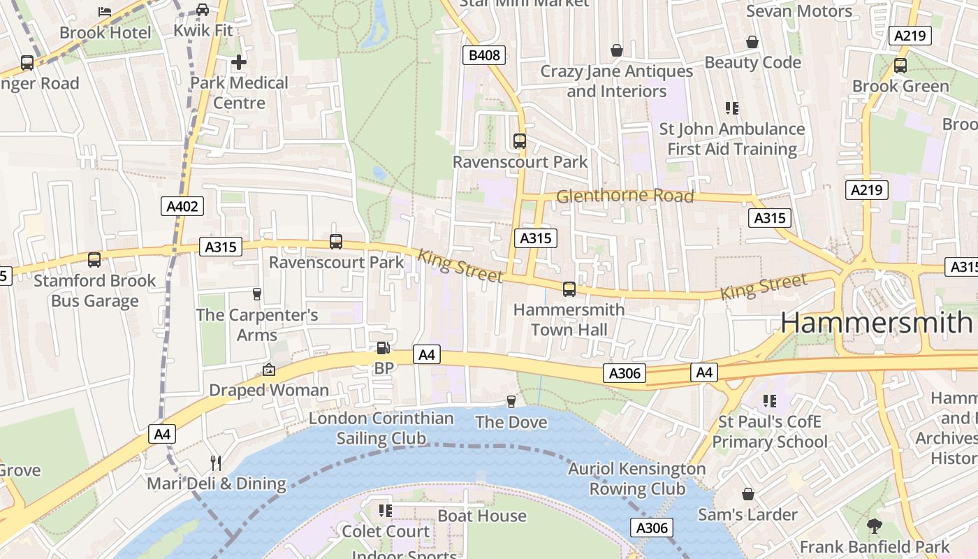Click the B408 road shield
pyautogui.click(x=484, y=55)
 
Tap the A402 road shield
pyautogui.click(x=183, y=206)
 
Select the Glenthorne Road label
pyautogui.click(x=625, y=196)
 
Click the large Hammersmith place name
pyautogui.click(x=876, y=322)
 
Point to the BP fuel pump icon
pyautogui.click(x=383, y=347)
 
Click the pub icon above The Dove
pyautogui.click(x=511, y=401)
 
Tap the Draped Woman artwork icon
pyautogui.click(x=268, y=370)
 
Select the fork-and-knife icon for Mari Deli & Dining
pyautogui.click(x=216, y=463)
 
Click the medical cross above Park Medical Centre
pyautogui.click(x=239, y=62)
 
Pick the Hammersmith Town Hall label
pyautogui.click(x=569, y=319)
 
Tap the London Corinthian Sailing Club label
pyautogui.click(x=381, y=428)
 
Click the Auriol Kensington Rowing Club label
pyautogui.click(x=636, y=479)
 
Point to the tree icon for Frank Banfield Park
pyautogui.click(x=874, y=526)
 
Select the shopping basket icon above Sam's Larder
pyautogui.click(x=747, y=494)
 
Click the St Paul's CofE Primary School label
pyautogui.click(x=769, y=432)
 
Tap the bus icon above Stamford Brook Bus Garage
pyautogui.click(x=94, y=260)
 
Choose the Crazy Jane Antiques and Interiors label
pyautogui.click(x=617, y=81)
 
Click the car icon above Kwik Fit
pyautogui.click(x=203, y=10)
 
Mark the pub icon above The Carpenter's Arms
pyautogui.click(x=256, y=293)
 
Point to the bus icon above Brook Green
pyautogui.click(x=900, y=66)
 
